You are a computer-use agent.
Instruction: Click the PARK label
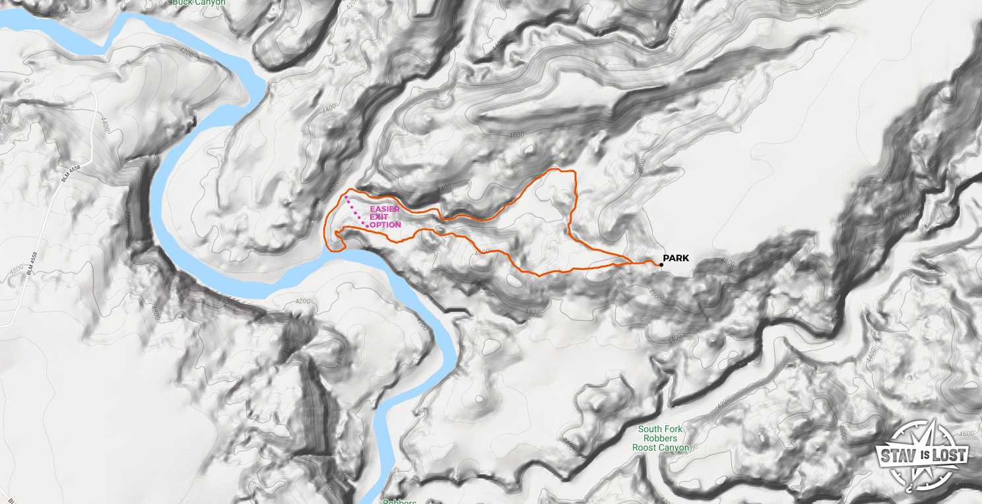pos(676,258)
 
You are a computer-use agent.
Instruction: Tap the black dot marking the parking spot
pos(661,265)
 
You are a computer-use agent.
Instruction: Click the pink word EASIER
pos(384,209)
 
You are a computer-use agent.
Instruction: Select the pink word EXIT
pos(379,217)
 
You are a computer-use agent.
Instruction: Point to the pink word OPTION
pos(385,225)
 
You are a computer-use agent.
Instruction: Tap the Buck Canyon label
pos(199,3)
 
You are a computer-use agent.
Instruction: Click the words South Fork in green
pos(661,429)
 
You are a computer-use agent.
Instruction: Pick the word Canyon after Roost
pos(674,447)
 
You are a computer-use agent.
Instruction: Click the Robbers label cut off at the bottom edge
pos(399,501)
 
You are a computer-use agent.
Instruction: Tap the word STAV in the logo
pos(894,455)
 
